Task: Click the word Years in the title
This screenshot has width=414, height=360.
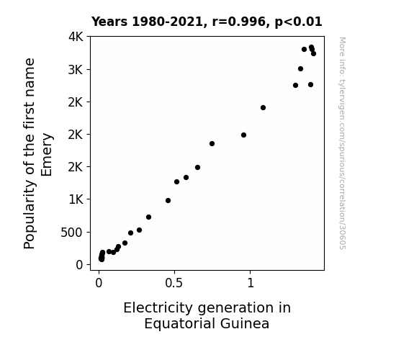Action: pyautogui.click(x=109, y=22)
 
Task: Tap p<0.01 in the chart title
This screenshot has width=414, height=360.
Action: pyautogui.click(x=298, y=22)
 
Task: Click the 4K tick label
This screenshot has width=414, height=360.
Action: pyautogui.click(x=76, y=37)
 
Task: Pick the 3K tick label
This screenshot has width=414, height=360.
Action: pyautogui.click(x=76, y=70)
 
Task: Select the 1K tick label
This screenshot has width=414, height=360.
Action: pyautogui.click(x=76, y=199)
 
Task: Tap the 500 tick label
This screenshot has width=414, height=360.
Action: pyautogui.click(x=72, y=233)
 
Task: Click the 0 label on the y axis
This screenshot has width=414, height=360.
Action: pyautogui.click(x=79, y=265)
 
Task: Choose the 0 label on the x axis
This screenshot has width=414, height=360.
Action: pyautogui.click(x=99, y=283)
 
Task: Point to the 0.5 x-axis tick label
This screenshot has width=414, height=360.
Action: pyautogui.click(x=174, y=283)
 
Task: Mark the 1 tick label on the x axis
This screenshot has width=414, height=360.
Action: pyautogui.click(x=251, y=283)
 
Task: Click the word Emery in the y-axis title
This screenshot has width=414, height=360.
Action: pyautogui.click(x=47, y=155)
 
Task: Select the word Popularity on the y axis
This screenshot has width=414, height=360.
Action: pyautogui.click(x=30, y=215)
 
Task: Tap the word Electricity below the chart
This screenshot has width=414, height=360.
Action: pyautogui.click(x=158, y=308)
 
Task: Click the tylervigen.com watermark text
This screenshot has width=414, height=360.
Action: pyautogui.click(x=342, y=143)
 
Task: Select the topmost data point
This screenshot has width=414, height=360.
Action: pyautogui.click(x=311, y=48)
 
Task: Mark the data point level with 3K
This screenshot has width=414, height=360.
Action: pyautogui.click(x=300, y=69)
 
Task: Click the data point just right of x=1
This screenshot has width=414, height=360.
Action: pyautogui.click(x=263, y=108)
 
